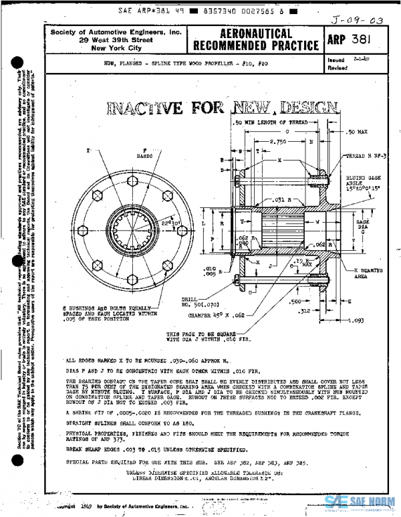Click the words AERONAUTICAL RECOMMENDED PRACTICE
pyautogui.click(x=255, y=39)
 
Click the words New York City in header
pyautogui.click(x=116, y=48)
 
